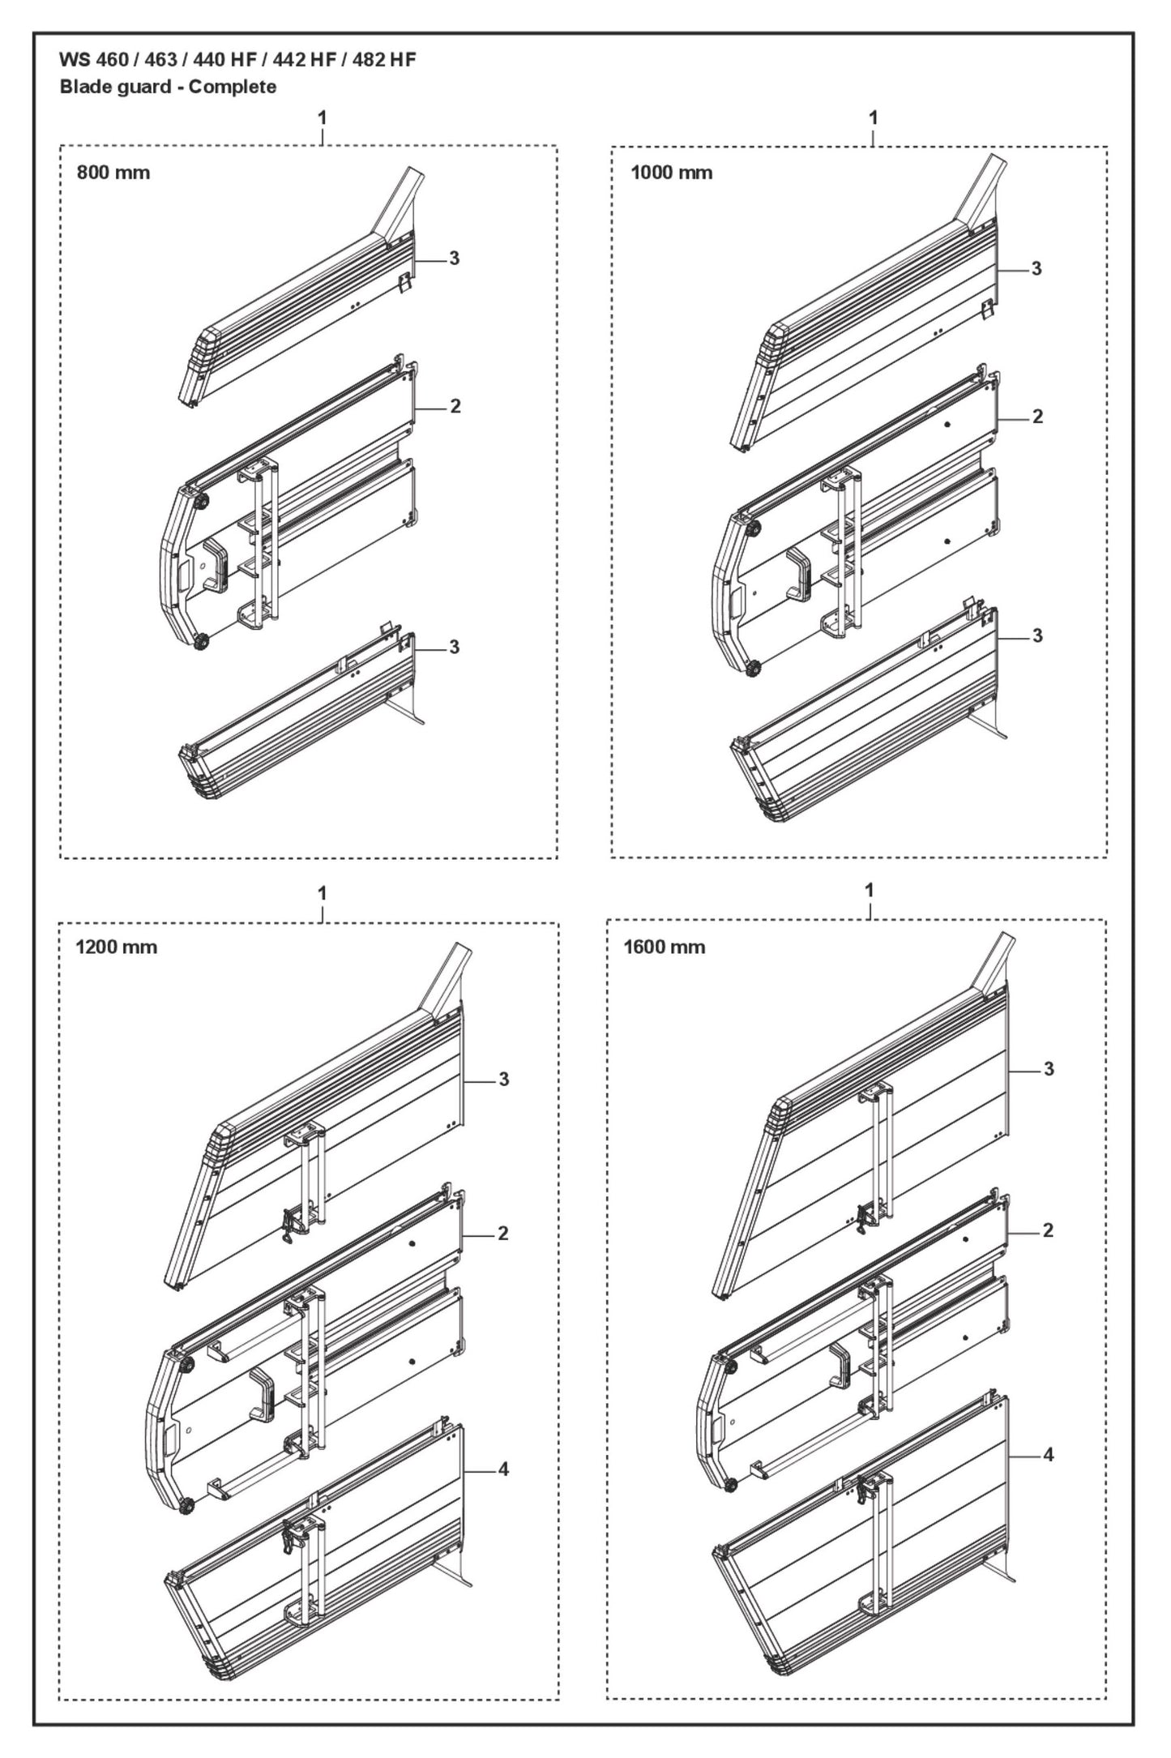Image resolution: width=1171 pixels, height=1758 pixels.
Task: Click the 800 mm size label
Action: pos(113,173)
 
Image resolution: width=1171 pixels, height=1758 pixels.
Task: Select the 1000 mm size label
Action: pos(671,173)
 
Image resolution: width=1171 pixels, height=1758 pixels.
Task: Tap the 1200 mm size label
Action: pos(116,947)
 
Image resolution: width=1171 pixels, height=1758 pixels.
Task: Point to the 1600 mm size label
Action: pos(664,947)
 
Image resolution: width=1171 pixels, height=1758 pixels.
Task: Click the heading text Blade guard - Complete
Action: pos(168,87)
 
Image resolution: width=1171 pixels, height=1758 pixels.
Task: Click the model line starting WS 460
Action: pos(237,60)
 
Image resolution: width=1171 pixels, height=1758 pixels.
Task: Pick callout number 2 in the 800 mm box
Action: pos(455,406)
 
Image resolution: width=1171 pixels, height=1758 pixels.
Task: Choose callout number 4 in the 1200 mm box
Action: pos(503,1469)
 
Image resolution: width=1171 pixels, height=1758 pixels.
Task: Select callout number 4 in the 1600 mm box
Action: pos(1048,1455)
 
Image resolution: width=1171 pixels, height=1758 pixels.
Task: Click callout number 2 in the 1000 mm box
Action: pos(1037,417)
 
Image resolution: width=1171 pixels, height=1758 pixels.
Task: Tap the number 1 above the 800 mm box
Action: pos(322,118)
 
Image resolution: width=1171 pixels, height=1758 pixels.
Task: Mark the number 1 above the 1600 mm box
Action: pos(870,890)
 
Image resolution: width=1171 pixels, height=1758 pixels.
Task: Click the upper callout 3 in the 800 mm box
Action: pos(454,258)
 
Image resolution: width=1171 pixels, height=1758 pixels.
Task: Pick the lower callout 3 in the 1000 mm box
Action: pos(1037,636)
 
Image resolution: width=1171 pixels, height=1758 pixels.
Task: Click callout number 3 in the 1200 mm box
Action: pos(503,1080)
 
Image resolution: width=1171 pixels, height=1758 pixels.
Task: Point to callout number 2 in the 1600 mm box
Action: pos(1048,1230)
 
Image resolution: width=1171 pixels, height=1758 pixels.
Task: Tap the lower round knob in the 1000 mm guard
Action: pos(752,669)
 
